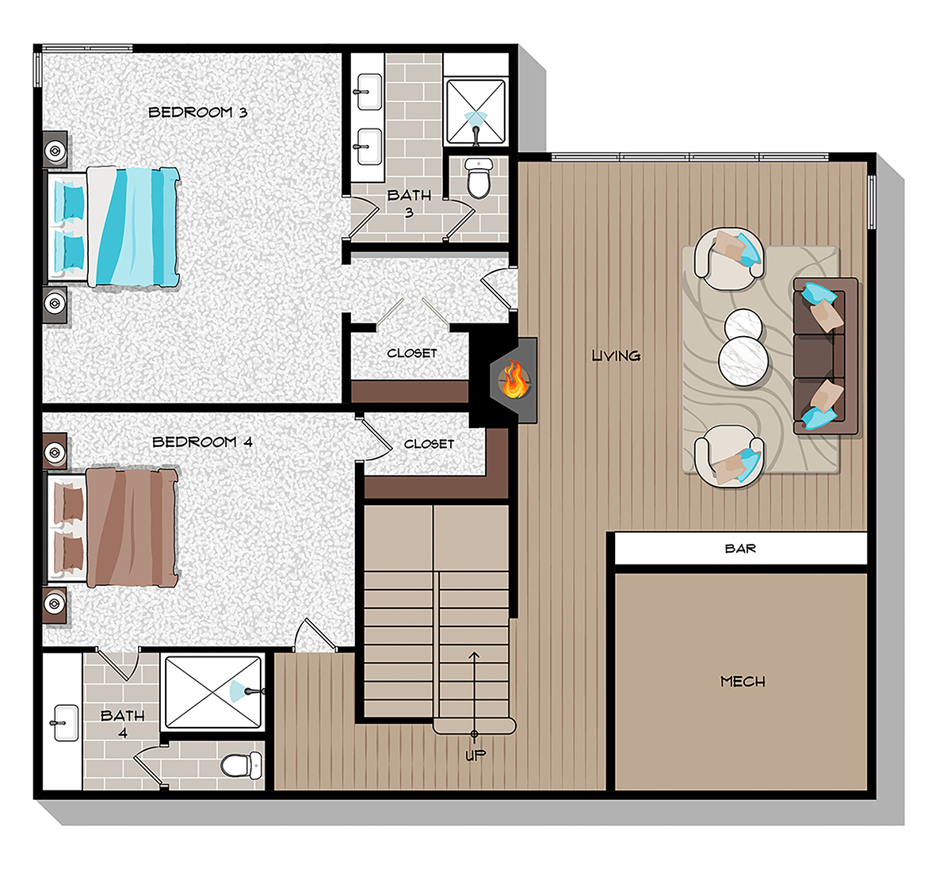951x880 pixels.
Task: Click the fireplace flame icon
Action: click(514, 379)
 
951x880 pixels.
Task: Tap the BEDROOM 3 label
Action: click(198, 113)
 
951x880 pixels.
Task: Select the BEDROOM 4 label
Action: click(202, 442)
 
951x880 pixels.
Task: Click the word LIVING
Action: click(616, 356)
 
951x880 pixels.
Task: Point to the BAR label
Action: click(740, 549)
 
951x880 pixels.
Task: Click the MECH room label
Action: click(743, 681)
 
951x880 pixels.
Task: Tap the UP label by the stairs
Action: click(475, 755)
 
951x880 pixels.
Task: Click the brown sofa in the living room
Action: click(824, 355)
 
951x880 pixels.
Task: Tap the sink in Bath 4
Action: click(63, 722)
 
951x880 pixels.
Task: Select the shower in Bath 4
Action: click(212, 691)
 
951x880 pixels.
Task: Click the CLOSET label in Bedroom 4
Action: click(429, 444)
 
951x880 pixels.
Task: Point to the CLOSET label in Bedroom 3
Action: click(411, 353)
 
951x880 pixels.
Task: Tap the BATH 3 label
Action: click(409, 203)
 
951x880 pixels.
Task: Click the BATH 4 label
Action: click(122, 723)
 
